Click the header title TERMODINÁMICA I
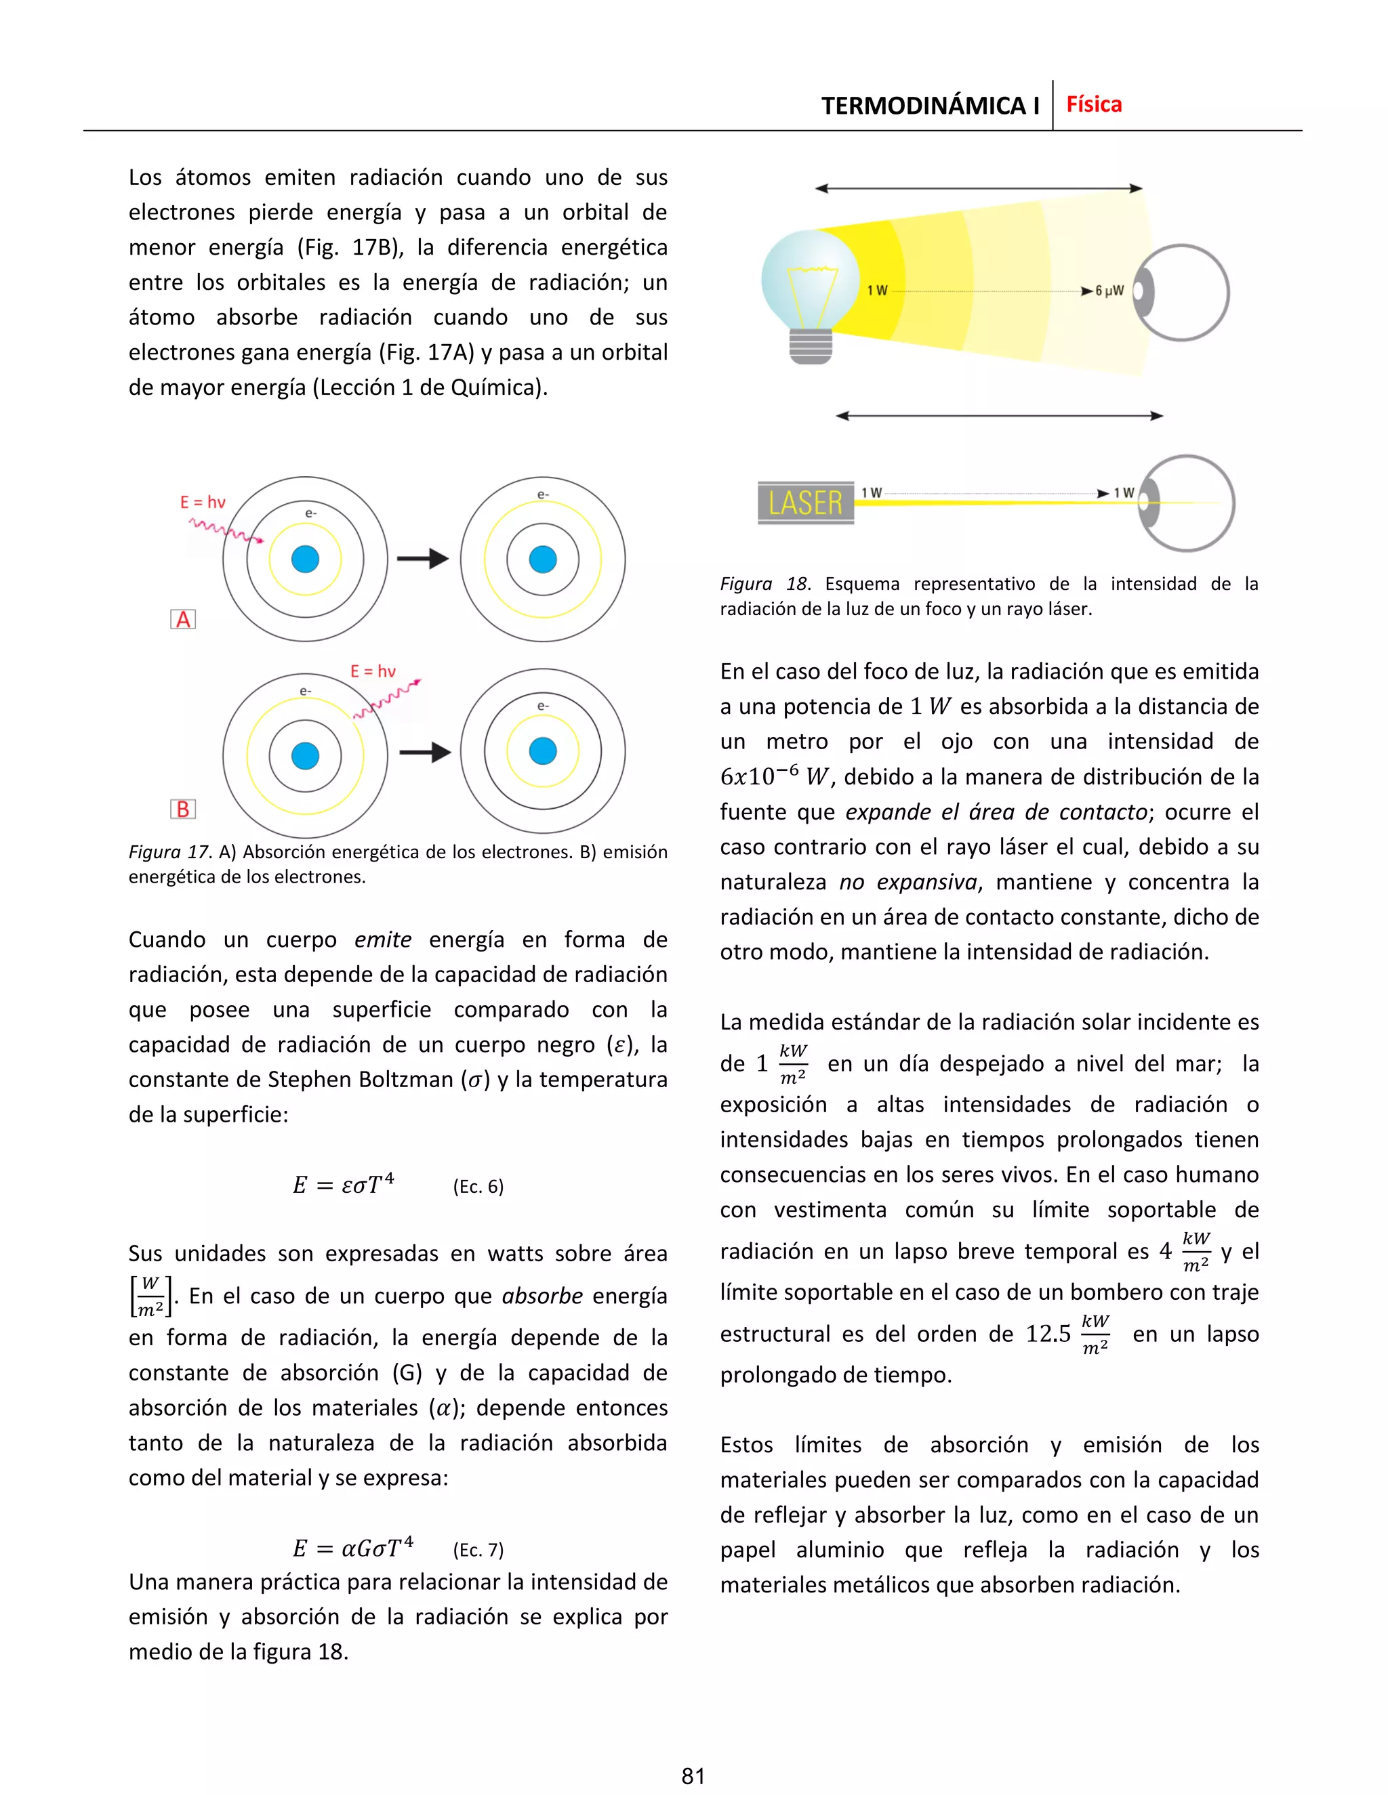929,106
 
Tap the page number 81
693,1776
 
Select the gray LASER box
805,502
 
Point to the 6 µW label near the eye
1109,291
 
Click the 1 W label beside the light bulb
878,290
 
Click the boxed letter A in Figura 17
182,620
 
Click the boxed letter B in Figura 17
182,809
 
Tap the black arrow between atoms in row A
423,559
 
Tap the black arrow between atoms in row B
424,752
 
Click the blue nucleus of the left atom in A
305,559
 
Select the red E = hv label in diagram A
202,502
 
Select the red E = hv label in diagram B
373,671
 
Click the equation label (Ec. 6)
478,1186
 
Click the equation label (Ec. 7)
478,1550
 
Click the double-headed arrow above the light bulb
978,188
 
